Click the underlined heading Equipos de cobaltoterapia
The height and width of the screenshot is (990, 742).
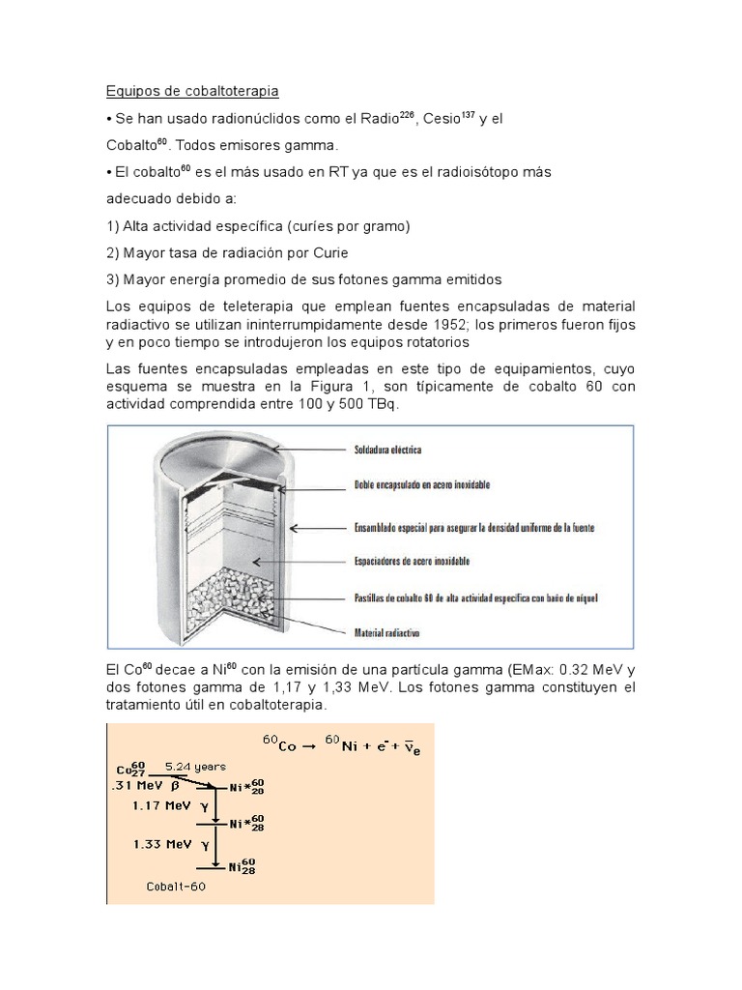(192, 92)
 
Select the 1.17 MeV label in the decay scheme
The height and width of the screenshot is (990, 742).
(160, 804)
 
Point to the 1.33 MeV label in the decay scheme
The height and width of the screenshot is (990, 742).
(160, 844)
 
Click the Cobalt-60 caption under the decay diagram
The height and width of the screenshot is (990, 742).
(175, 886)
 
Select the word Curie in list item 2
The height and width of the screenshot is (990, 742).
(325, 252)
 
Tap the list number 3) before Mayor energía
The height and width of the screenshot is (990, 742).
(112, 279)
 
